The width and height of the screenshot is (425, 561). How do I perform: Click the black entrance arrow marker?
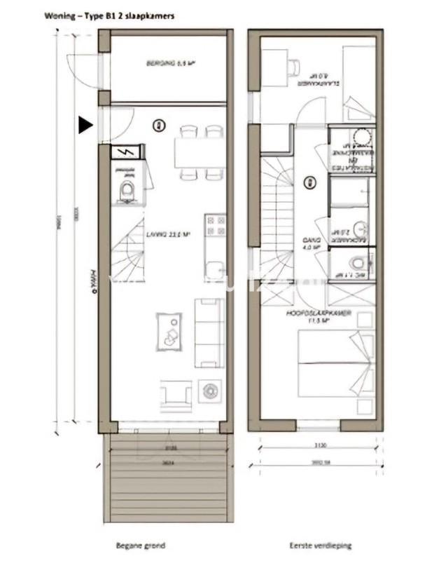pyautogui.click(x=85, y=125)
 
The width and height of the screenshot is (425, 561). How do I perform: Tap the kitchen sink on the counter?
pyautogui.click(x=216, y=269)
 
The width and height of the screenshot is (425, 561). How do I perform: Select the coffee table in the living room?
pyautogui.click(x=167, y=331)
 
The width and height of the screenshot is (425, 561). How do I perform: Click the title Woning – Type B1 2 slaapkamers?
pyautogui.click(x=109, y=13)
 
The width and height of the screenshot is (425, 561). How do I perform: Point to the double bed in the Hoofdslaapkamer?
pyautogui.click(x=336, y=358)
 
